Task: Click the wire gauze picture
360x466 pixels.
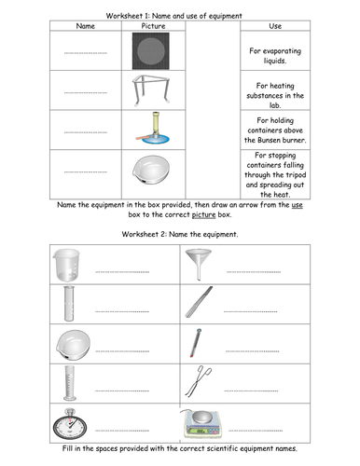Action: coord(151,51)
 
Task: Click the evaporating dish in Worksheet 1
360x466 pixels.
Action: coord(151,171)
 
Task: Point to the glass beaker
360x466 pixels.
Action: coord(66,265)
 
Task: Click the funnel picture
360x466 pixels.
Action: coord(199,264)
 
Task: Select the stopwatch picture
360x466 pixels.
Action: coord(70,424)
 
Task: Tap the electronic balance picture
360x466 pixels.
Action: coord(202,424)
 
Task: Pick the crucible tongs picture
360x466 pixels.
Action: coord(199,381)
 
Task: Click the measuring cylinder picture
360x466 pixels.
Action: coord(69,383)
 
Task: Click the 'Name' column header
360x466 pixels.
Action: coord(86,26)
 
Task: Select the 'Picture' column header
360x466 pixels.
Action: coord(153,26)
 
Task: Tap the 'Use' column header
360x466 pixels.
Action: coord(275,26)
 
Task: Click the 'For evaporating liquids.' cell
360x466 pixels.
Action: coord(275,56)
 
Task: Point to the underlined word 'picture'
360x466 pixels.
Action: coord(203,214)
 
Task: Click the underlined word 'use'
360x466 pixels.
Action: coord(297,205)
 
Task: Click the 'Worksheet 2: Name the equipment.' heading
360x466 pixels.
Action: coord(180,234)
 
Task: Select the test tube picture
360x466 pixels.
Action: coord(69,304)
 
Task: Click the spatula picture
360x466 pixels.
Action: coord(199,302)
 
